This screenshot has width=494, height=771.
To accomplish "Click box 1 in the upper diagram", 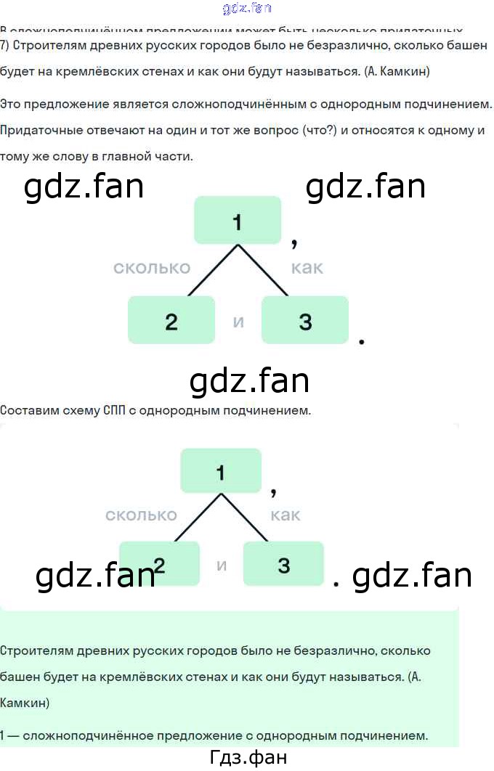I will click(x=237, y=220).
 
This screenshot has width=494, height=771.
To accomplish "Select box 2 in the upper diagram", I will click(x=171, y=320).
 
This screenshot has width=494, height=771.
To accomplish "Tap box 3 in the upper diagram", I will click(x=305, y=320).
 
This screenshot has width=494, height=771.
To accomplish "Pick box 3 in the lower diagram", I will click(x=283, y=563).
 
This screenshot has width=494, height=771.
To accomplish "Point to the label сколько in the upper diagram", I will click(x=151, y=268).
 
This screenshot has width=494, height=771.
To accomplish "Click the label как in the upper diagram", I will click(x=307, y=268).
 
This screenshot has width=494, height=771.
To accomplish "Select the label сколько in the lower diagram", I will click(x=141, y=515).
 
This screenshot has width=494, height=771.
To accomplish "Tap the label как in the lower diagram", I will click(x=286, y=515).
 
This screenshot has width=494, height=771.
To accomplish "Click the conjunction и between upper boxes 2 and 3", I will click(x=238, y=321).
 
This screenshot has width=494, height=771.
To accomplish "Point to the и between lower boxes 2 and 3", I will click(x=222, y=565).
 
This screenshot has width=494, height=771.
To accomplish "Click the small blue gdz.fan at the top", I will click(x=246, y=9).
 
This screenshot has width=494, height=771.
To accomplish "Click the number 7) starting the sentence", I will click(x=5, y=47).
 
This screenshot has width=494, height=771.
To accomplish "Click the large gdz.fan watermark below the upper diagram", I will click(x=249, y=380).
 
